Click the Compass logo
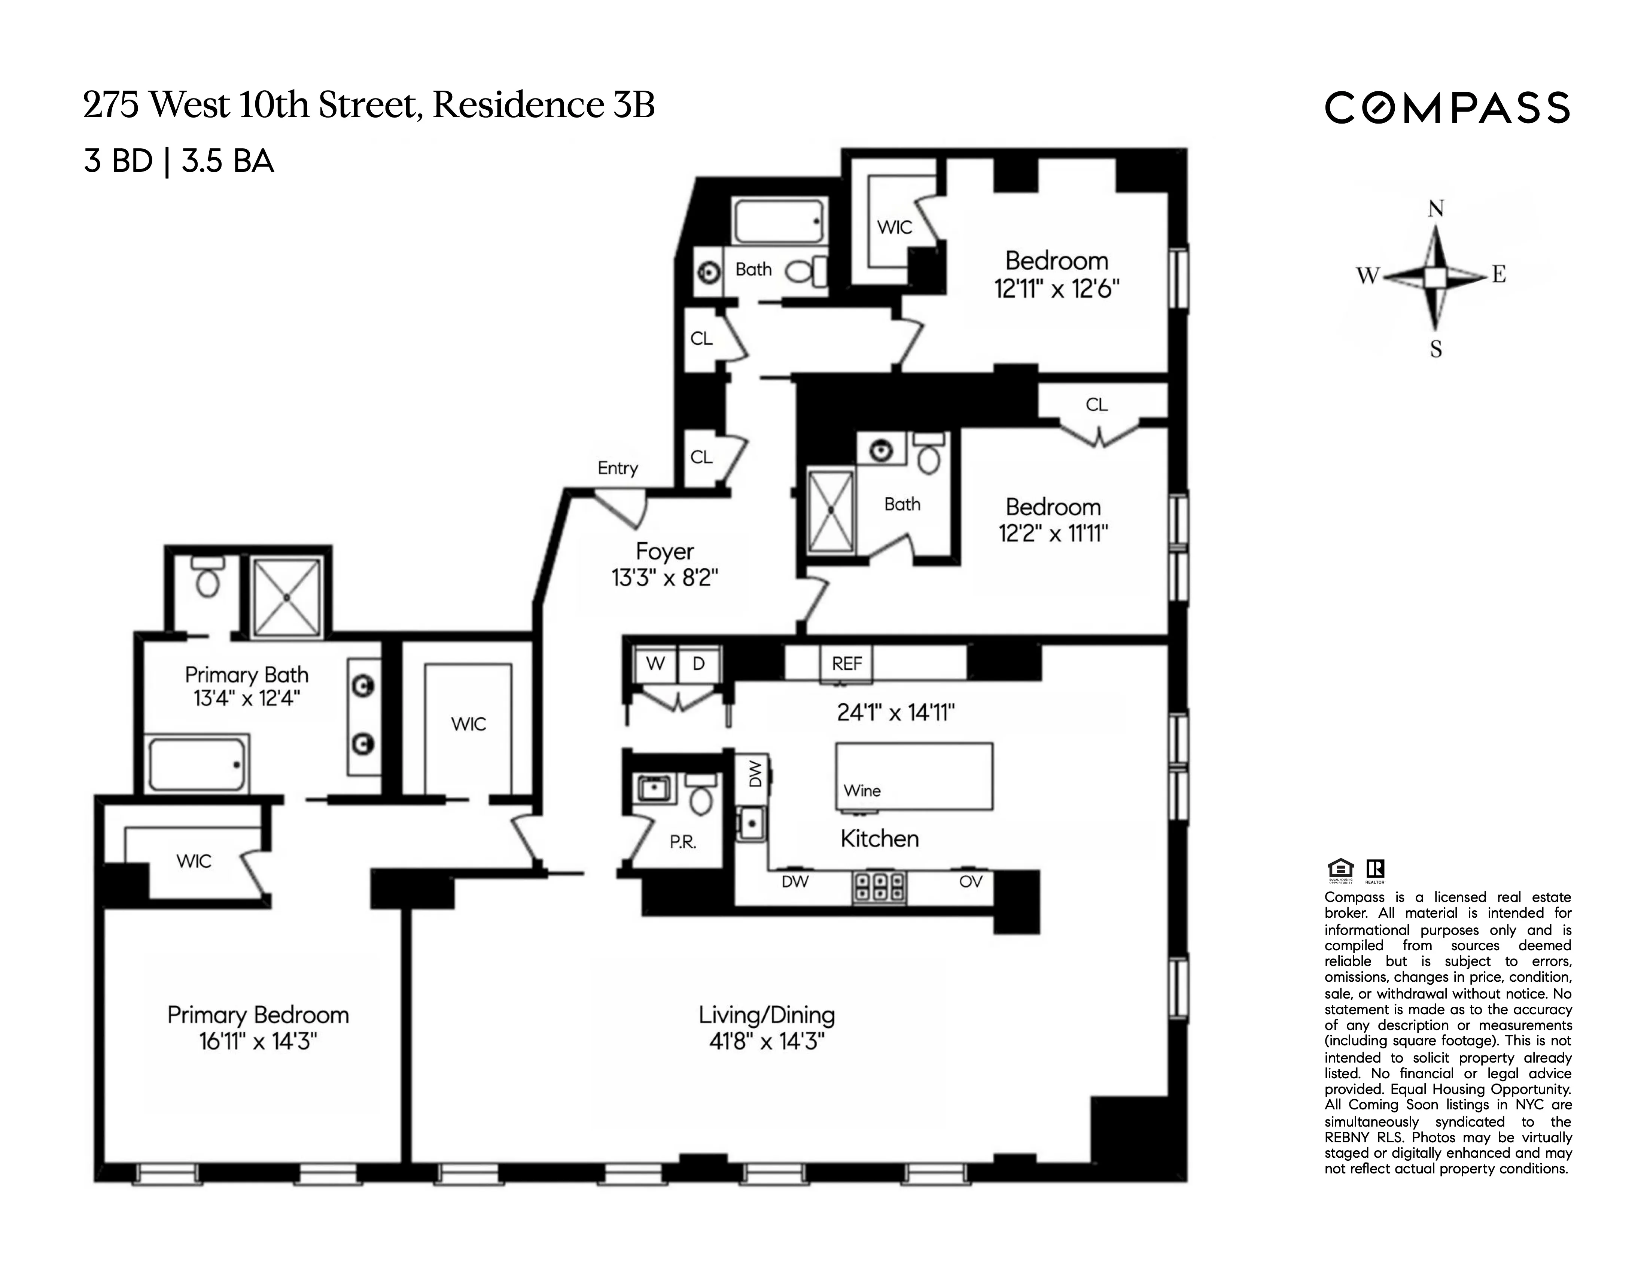(x=1446, y=108)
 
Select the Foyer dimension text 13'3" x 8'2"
(x=664, y=578)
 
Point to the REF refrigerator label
(x=846, y=664)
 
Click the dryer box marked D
(x=698, y=664)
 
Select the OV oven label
(x=971, y=881)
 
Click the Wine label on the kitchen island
(x=862, y=790)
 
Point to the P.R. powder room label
(x=682, y=842)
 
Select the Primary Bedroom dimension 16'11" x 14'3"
(x=258, y=1042)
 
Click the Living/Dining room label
(x=766, y=1015)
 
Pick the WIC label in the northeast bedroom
(x=894, y=227)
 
